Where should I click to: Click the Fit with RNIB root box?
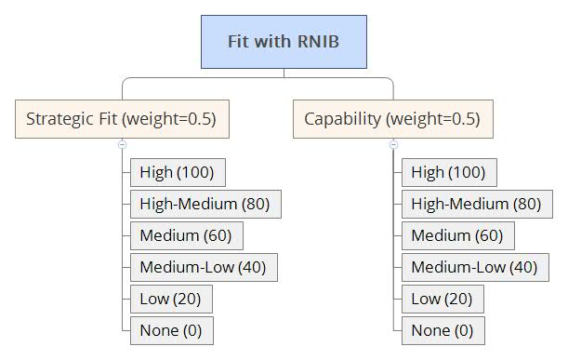[x=284, y=42]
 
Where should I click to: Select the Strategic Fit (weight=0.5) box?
[x=122, y=119]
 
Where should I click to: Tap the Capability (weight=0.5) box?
[x=392, y=119]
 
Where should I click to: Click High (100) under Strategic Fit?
[x=178, y=172]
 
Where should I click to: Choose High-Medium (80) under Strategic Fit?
[x=205, y=204]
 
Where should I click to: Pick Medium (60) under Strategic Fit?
[x=186, y=235]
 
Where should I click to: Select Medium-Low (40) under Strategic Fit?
[x=203, y=267]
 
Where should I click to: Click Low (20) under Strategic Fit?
[x=171, y=299]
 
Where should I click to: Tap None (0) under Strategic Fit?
[x=171, y=330]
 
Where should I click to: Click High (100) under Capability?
[x=449, y=172]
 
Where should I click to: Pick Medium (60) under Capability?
[x=457, y=235]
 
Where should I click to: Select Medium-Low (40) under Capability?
[x=474, y=267]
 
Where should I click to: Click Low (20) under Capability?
[x=443, y=299]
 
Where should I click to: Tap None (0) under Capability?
[x=443, y=330]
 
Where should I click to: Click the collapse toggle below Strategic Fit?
[x=122, y=144]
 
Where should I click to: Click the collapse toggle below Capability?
[x=393, y=144]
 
